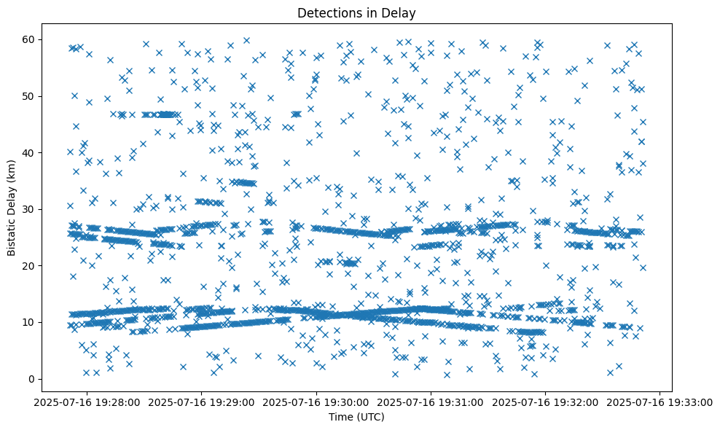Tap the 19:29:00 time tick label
202,402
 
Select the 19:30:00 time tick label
317,402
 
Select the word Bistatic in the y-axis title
12,230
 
